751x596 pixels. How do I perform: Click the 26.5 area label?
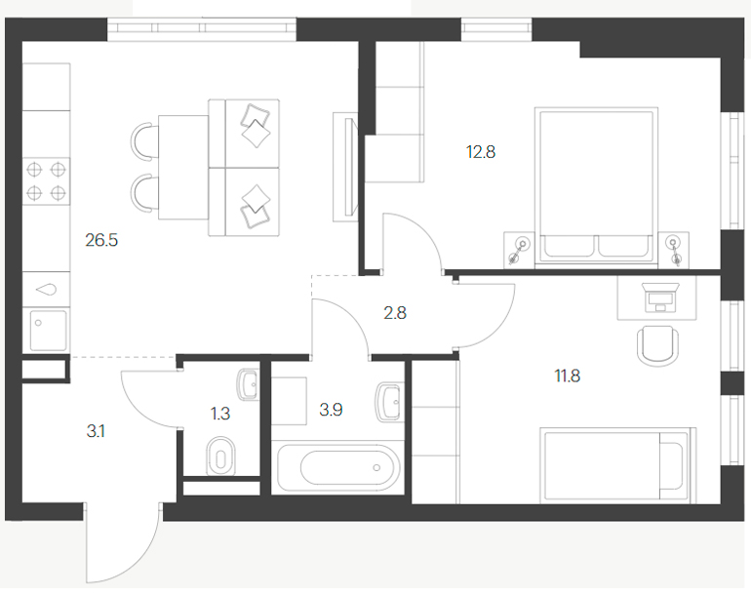pos(101,240)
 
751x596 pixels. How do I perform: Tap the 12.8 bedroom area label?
pos(481,152)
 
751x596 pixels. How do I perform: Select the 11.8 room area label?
pos(567,376)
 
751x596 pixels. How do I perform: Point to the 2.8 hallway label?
pos(395,313)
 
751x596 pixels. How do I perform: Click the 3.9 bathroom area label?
pos(331,410)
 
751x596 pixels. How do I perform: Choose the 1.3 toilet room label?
pos(220,413)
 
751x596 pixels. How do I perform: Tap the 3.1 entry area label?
pos(96,431)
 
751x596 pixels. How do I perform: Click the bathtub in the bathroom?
pos(338,467)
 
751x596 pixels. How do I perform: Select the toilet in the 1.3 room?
pos(220,456)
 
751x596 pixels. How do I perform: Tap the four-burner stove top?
pos(47,181)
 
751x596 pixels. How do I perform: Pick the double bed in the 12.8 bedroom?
pos(596,185)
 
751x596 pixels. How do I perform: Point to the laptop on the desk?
pos(660,297)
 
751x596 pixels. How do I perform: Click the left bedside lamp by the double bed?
pos(519,249)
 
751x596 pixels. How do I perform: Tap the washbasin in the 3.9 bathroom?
pos(388,402)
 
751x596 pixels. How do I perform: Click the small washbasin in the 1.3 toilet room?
pos(249,384)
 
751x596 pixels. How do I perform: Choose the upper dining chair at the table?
pos(144,140)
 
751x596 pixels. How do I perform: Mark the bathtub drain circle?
pos(376,467)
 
